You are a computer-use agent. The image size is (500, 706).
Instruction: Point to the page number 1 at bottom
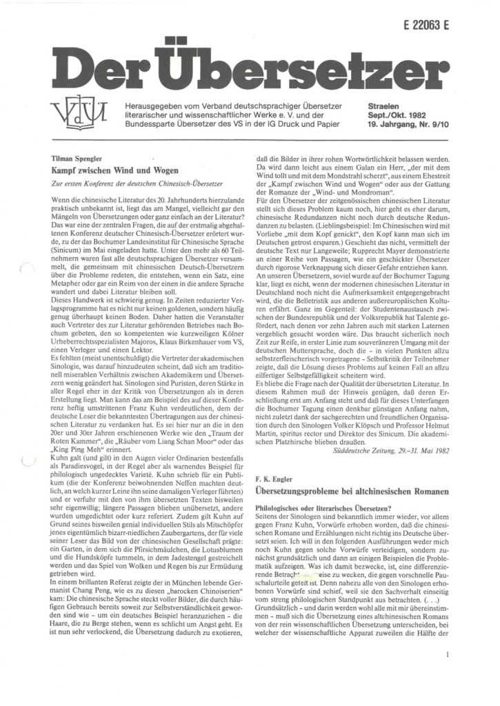[x=448, y=656]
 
